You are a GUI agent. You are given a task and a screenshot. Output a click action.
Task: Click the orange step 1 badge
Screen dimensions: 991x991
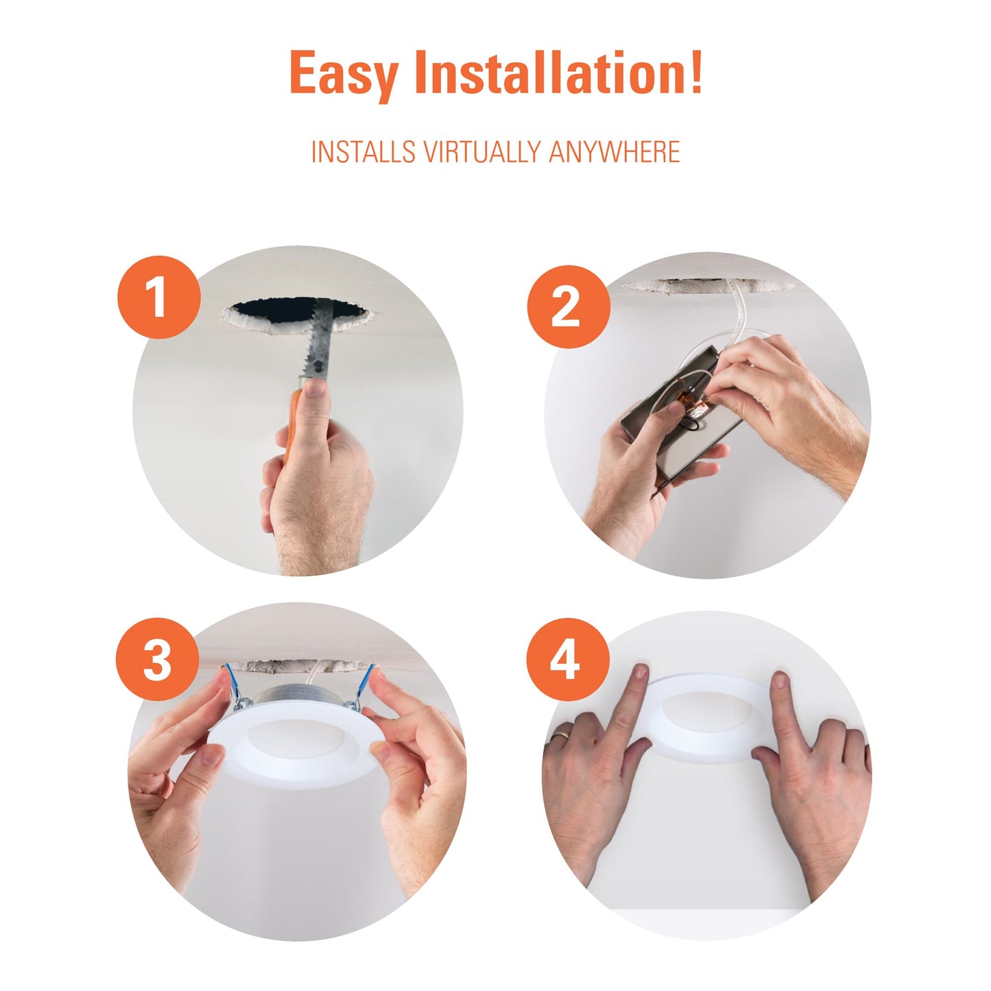click(158, 297)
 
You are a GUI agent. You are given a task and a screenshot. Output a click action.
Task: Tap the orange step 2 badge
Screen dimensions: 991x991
click(569, 307)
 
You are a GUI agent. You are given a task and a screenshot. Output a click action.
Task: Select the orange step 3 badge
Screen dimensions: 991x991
click(157, 659)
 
